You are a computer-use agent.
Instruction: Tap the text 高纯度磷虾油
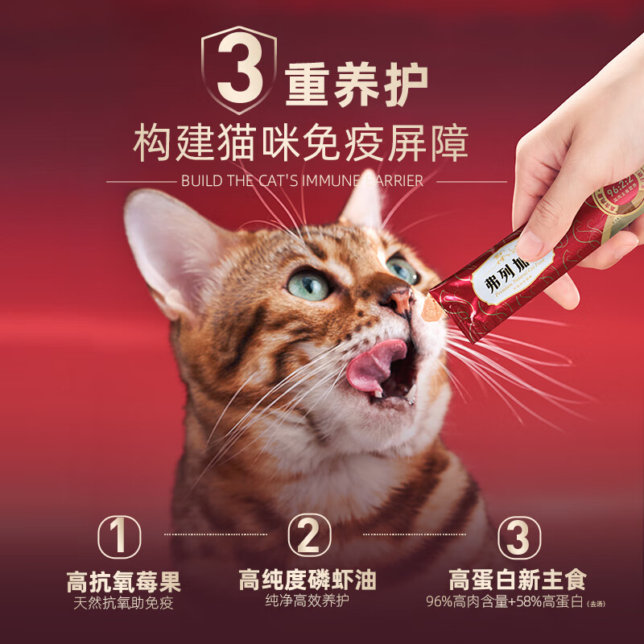pyautogui.click(x=308, y=580)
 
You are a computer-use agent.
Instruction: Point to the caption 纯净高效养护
pyautogui.click(x=308, y=601)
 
